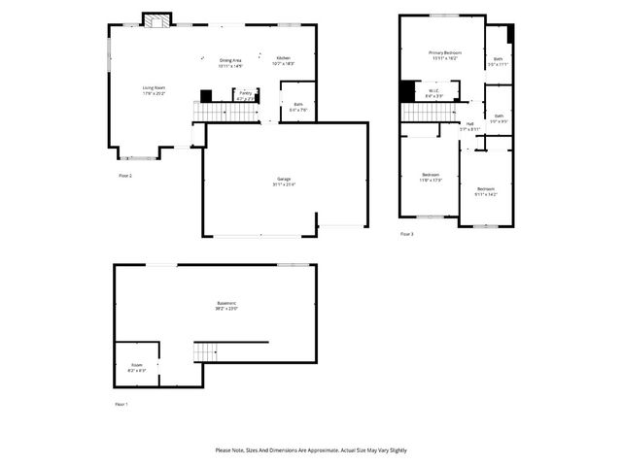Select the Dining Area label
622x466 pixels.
(x=229, y=60)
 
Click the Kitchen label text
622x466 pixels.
(x=283, y=59)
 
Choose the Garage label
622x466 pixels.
(x=284, y=179)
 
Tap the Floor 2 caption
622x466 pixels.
(x=124, y=175)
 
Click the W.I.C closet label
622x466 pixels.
(x=434, y=92)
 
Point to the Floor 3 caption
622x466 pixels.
(x=406, y=234)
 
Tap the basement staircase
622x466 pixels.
(x=206, y=351)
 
